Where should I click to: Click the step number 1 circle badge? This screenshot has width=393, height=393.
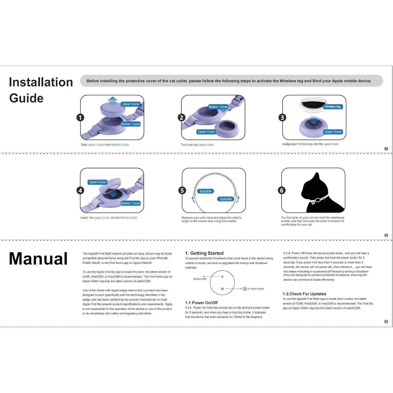(x=80, y=117)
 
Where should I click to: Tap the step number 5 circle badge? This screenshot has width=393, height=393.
(x=182, y=190)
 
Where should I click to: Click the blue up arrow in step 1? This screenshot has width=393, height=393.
(x=113, y=100)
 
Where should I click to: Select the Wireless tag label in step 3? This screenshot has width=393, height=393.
(x=332, y=107)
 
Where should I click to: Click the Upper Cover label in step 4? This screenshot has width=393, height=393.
(x=97, y=182)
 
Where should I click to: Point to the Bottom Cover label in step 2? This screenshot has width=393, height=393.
(x=218, y=107)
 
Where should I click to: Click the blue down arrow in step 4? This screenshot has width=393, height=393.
(x=113, y=194)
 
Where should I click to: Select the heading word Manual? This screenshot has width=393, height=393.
(x=38, y=259)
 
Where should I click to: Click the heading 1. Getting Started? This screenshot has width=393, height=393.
(x=204, y=253)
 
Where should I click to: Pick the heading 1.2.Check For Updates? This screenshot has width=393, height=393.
(x=304, y=294)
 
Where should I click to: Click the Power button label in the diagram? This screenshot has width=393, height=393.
(x=257, y=289)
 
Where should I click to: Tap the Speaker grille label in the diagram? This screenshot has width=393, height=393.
(x=200, y=279)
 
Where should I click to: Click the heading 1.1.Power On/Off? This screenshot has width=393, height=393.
(x=201, y=303)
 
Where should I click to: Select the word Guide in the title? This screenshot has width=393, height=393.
(x=26, y=98)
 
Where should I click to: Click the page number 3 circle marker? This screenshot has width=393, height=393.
(x=386, y=322)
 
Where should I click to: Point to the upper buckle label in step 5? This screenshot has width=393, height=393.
(x=206, y=191)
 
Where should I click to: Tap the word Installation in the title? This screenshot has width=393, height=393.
(x=41, y=82)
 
